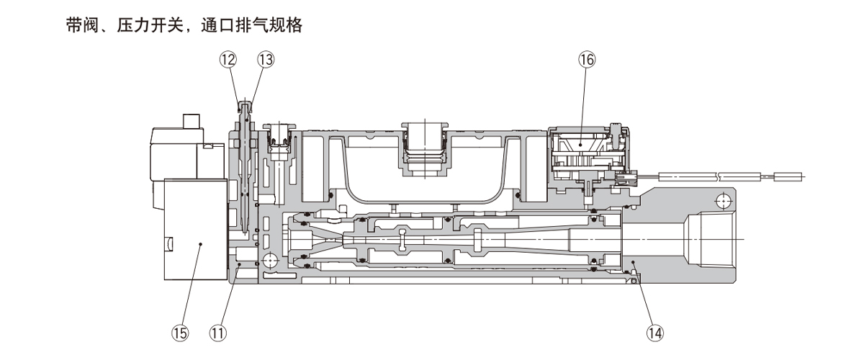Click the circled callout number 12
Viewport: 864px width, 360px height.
228,60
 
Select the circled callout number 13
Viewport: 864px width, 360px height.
266,60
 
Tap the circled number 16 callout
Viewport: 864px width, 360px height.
586,60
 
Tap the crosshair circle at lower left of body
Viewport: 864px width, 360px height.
271,260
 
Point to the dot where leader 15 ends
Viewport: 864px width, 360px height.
201,245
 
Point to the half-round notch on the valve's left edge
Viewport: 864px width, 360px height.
168,244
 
